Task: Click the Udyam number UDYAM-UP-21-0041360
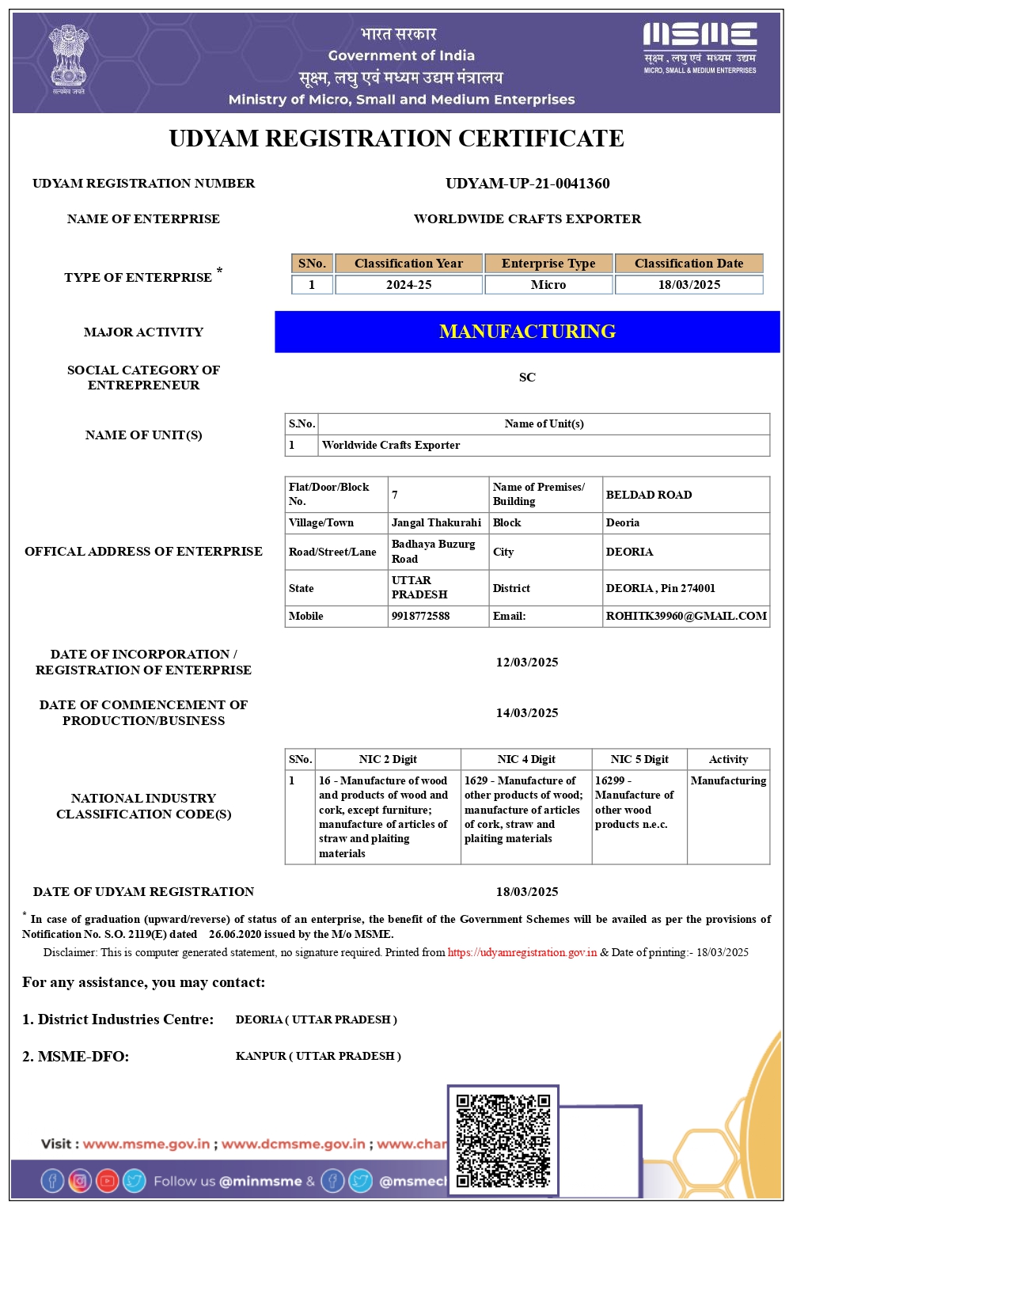click(527, 184)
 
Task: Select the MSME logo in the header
click(700, 48)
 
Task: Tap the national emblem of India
click(69, 57)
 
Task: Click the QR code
click(503, 1141)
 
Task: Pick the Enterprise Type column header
click(548, 264)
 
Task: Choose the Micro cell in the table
click(548, 285)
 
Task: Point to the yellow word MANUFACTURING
click(527, 332)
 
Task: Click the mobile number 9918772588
click(420, 616)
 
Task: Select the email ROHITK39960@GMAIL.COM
click(686, 616)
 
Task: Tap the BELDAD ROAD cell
click(649, 495)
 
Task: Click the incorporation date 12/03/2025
click(527, 662)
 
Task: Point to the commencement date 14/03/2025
click(527, 713)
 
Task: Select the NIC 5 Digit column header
click(639, 759)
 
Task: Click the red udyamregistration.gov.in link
click(522, 952)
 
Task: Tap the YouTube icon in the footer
click(107, 1181)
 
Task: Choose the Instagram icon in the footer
click(80, 1181)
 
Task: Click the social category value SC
click(527, 378)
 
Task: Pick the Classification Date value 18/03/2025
click(689, 285)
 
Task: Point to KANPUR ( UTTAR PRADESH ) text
click(318, 1056)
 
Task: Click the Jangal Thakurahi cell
click(436, 522)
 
